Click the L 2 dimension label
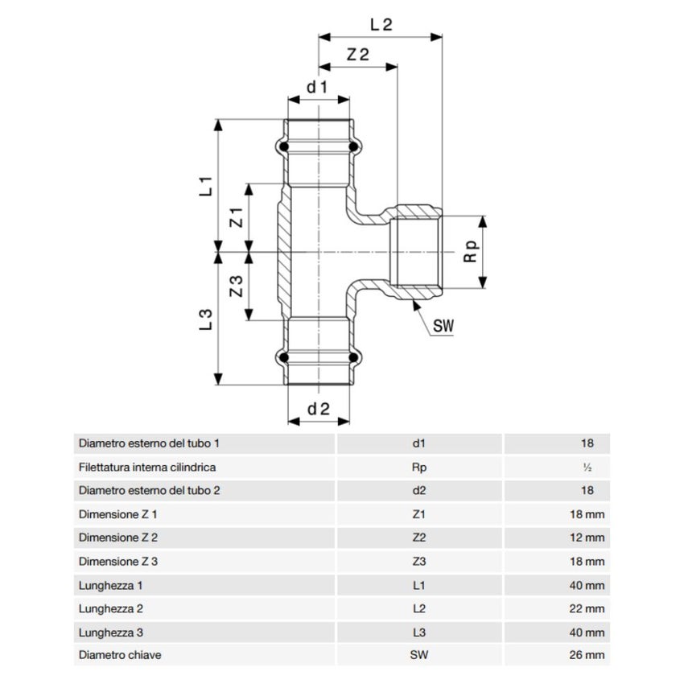tap(381, 24)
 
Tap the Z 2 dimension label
tap(358, 55)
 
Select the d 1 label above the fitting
tap(317, 87)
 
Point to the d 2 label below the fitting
tap(319, 409)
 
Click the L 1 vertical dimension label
tap(205, 186)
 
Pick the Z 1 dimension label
tap(236, 217)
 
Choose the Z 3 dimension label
tap(236, 286)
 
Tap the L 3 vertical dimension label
tap(205, 319)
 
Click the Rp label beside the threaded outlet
tap(471, 252)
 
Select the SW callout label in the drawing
tap(443, 326)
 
